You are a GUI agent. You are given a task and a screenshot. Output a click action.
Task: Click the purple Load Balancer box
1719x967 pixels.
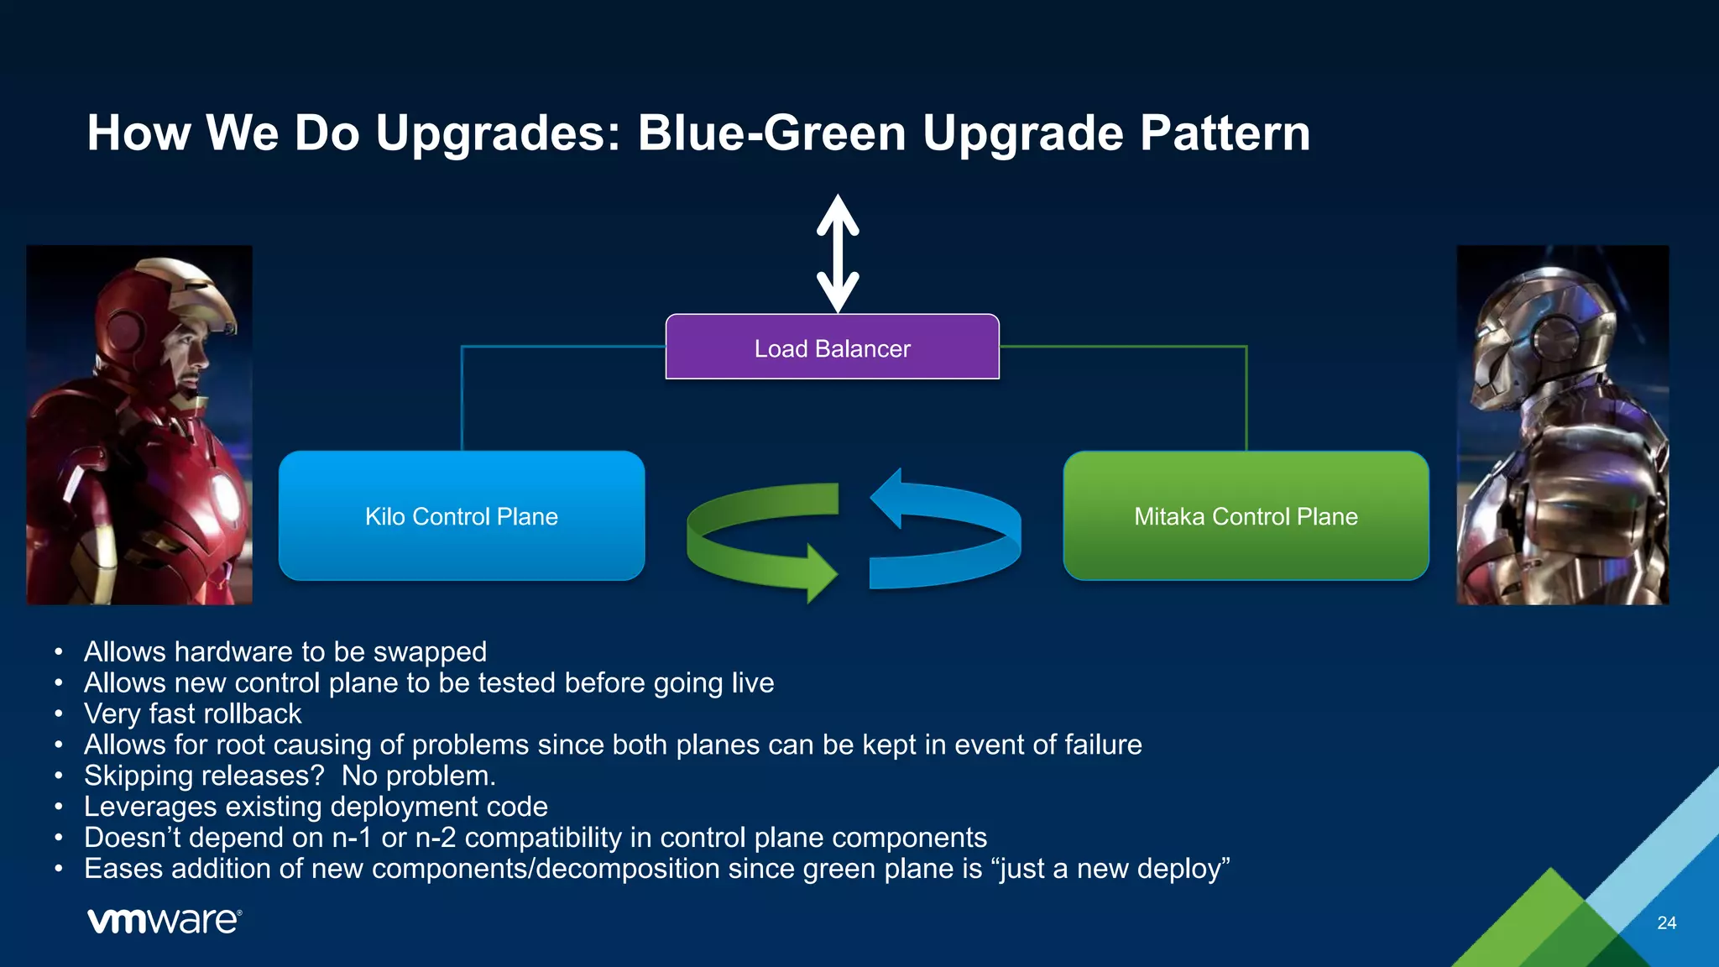832,348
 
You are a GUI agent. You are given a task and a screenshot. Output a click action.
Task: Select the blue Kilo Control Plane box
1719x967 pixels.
461,515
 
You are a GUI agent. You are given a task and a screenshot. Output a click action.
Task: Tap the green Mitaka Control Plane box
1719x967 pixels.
1246,515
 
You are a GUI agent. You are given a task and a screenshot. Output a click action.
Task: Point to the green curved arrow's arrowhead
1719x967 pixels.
820,573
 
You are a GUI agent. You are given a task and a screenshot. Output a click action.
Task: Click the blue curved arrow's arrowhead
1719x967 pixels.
887,499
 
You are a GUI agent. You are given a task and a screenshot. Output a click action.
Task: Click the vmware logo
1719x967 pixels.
165,921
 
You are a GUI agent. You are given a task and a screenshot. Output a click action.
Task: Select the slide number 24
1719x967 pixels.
1666,923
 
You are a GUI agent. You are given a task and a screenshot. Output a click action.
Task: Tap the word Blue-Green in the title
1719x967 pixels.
771,133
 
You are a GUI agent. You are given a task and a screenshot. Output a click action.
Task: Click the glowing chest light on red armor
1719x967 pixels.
225,496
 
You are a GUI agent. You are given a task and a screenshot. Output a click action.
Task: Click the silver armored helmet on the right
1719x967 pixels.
1540,336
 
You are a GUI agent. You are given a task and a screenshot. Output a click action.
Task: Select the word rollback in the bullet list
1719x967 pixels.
252,713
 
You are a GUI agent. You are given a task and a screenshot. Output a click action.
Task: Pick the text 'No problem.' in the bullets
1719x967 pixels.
418,776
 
